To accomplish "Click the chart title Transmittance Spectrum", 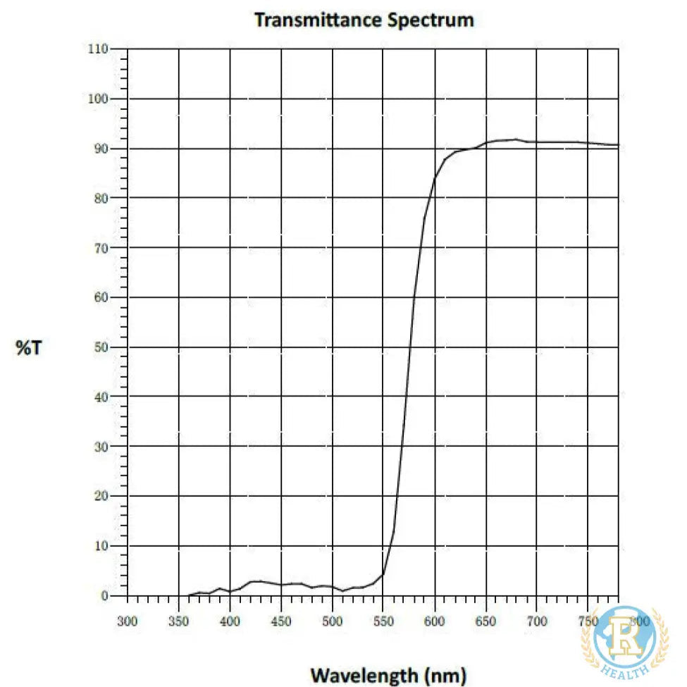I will pos(364,20).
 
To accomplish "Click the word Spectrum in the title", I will pos(431,20).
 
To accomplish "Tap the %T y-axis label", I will pos(29,347).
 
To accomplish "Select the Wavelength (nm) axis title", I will pos(388,674).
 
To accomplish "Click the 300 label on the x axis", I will pos(128,621).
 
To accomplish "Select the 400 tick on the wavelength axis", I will pos(230,621).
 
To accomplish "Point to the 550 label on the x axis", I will pos(383,621).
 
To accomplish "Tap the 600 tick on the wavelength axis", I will pos(435,621).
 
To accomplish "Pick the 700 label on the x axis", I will pos(537,621).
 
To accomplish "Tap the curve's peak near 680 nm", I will pos(516,140).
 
